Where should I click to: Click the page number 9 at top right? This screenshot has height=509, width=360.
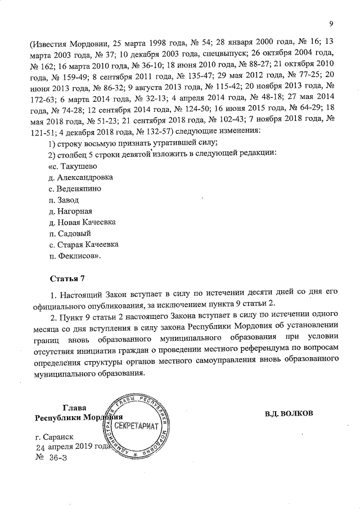[331, 23]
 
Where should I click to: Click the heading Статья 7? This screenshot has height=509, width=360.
[66, 278]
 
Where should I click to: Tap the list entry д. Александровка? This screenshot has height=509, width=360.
[81, 177]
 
